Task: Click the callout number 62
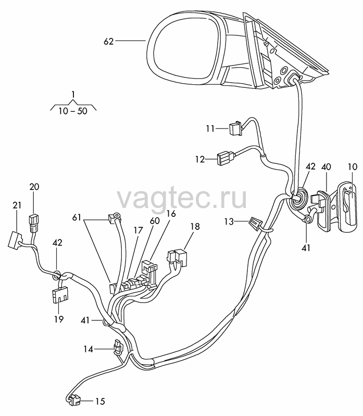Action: [108, 42]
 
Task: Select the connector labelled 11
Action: [235, 128]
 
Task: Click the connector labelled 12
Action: [226, 158]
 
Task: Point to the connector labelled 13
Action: [255, 225]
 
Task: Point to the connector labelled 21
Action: [16, 240]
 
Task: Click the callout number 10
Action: [353, 167]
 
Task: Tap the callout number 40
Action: [326, 167]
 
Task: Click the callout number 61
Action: [77, 217]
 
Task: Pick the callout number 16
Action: [171, 214]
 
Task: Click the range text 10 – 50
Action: [73, 111]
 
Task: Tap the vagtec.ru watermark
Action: [182, 199]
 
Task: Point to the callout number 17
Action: [139, 230]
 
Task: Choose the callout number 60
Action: [155, 220]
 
